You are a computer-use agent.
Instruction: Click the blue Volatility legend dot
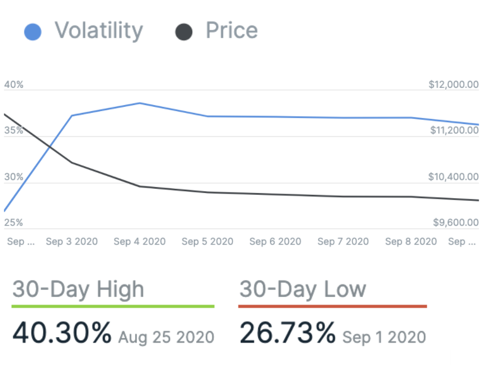(33, 31)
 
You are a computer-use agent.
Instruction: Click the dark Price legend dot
(184, 31)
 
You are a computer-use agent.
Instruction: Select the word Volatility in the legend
(99, 31)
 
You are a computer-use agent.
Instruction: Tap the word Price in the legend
(231, 31)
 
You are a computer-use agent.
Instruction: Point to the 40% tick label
(14, 85)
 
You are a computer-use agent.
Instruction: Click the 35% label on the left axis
(14, 130)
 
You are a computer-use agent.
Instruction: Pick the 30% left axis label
(14, 177)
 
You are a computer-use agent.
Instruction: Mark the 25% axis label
(14, 223)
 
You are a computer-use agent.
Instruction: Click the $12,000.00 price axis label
(453, 85)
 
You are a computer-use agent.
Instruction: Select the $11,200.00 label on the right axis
(454, 130)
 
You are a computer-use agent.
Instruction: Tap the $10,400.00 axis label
(454, 177)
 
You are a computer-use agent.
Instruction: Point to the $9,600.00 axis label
(456, 223)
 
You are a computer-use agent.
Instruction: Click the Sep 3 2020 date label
(71, 242)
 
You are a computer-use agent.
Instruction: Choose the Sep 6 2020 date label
(275, 242)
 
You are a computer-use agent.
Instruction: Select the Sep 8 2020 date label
(411, 242)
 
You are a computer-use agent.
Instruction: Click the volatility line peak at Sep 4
(140, 103)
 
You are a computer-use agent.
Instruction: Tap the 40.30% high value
(62, 334)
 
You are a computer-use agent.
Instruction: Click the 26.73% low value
(287, 334)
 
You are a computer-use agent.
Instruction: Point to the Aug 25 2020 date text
(166, 338)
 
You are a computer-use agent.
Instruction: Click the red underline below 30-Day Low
(332, 306)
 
